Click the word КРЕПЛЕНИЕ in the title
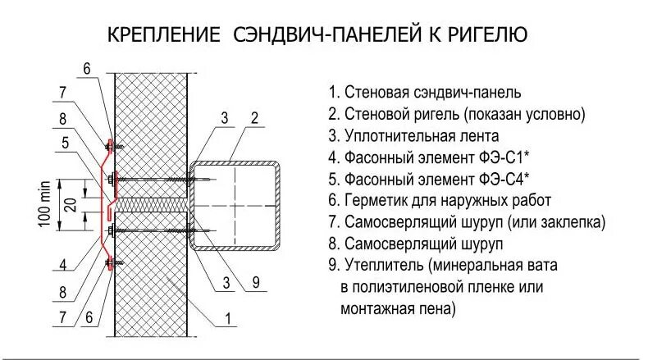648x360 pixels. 164,35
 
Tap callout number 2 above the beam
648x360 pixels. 255,118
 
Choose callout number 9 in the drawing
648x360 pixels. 255,284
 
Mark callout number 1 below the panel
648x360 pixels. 227,318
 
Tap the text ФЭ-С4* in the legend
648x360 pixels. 501,179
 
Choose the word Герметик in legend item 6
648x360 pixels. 375,200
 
